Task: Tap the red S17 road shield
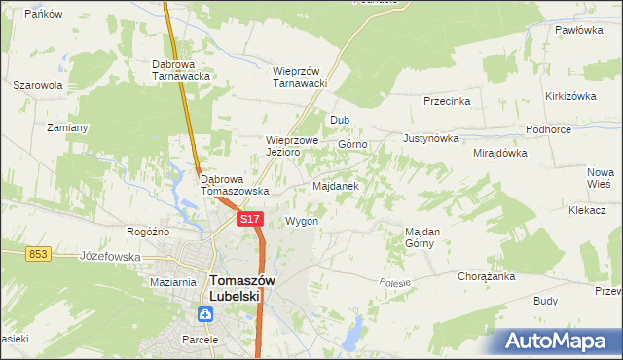click(x=250, y=220)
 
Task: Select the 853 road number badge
click(x=38, y=254)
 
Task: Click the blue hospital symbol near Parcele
click(x=205, y=314)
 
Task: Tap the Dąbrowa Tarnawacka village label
click(x=182, y=71)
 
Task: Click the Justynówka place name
click(x=430, y=138)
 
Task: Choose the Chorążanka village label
click(x=486, y=276)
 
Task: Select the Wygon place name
click(x=302, y=221)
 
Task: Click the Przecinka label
click(x=447, y=101)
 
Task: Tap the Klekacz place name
click(x=587, y=209)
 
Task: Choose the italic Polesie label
click(x=394, y=281)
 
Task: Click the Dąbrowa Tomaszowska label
click(x=235, y=185)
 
